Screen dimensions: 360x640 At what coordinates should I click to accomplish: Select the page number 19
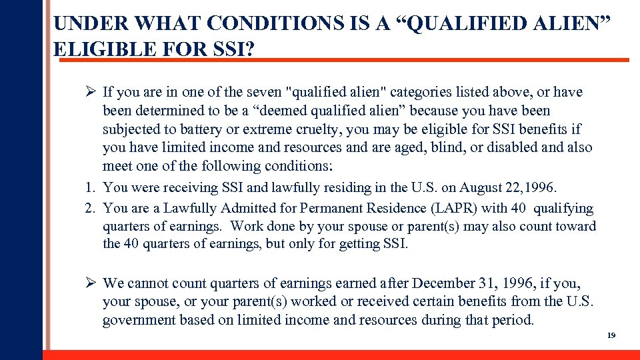tap(611, 335)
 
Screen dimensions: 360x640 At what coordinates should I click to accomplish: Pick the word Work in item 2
tap(247, 226)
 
